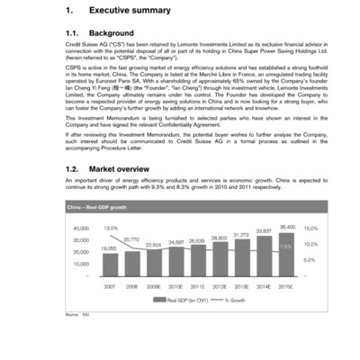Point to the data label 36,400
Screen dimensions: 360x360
(287, 227)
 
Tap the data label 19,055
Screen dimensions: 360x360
(108, 247)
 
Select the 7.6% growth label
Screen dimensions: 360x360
(285, 246)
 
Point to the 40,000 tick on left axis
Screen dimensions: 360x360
(80, 229)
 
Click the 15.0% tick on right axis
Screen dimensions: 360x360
(310, 229)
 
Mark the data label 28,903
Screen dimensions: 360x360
(219, 238)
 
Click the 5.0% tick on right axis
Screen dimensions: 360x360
(310, 260)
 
